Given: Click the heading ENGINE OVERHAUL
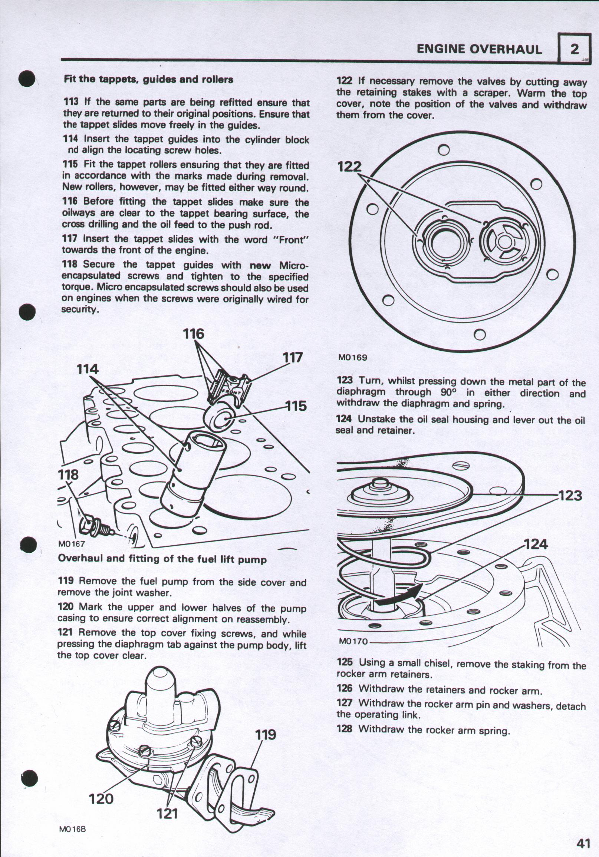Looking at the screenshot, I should pyautogui.click(x=479, y=49).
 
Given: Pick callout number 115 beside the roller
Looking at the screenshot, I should pyautogui.click(x=296, y=406).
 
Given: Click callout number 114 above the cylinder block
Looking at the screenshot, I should pyautogui.click(x=88, y=369).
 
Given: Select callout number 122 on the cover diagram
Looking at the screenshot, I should pyautogui.click(x=350, y=167).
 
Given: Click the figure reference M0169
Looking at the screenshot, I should pyautogui.click(x=352, y=357).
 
